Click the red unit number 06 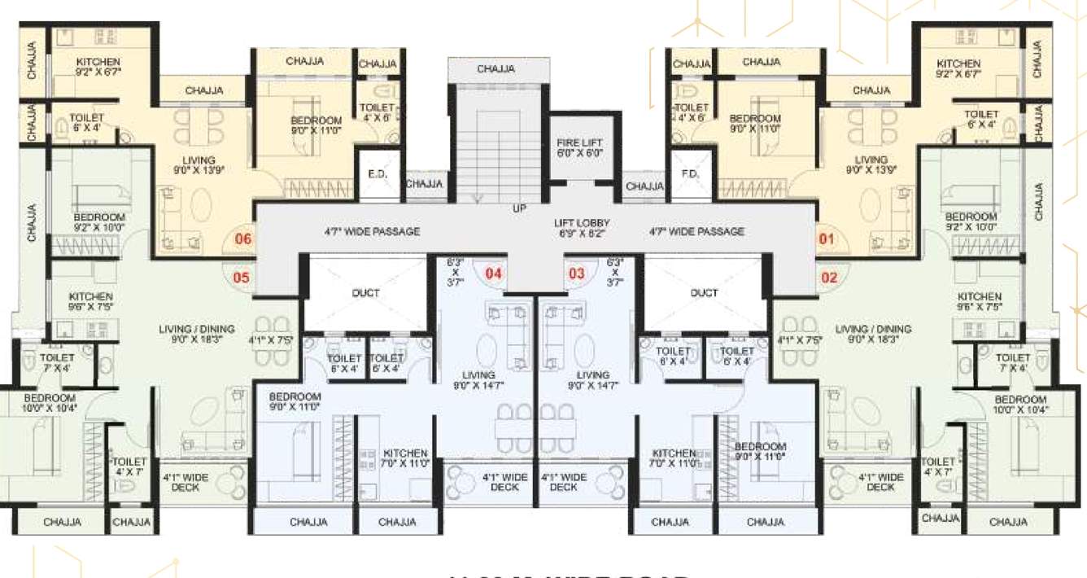click(243, 239)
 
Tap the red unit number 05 click(241, 278)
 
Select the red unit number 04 click(494, 274)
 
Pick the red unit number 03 click(577, 274)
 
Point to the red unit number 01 click(827, 239)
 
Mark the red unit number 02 click(829, 278)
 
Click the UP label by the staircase click(519, 208)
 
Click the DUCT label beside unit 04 click(366, 293)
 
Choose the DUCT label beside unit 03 click(704, 293)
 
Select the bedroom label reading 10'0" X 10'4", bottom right click(1019, 405)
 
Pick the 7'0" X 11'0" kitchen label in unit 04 click(405, 458)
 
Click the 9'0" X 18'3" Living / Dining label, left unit click(197, 335)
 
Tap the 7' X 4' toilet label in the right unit click(1013, 363)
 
